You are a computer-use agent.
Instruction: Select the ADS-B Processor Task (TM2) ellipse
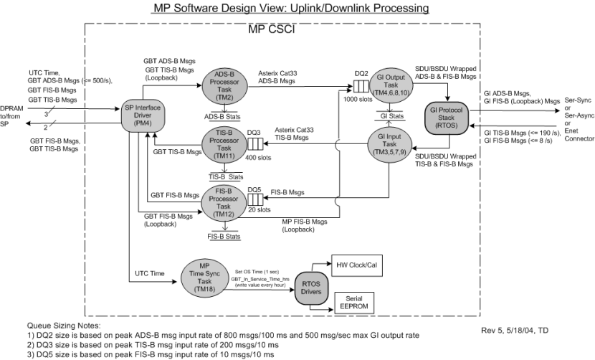(224, 85)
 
